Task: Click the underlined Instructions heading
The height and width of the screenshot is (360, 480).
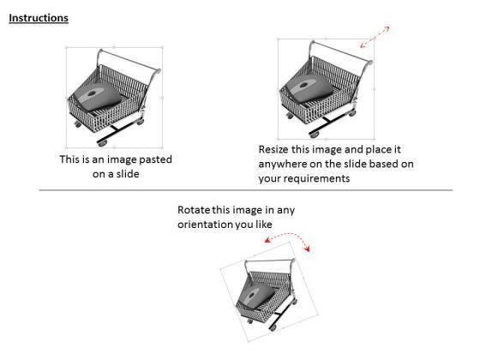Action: [x=39, y=18]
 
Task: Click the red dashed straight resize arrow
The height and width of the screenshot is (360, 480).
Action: [x=375, y=37]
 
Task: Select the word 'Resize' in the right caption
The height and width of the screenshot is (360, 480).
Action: [x=276, y=149]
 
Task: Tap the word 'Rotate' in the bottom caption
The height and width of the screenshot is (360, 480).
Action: [x=196, y=210]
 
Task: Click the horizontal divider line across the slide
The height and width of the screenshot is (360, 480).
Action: [x=240, y=192]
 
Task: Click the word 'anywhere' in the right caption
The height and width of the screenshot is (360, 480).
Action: [x=283, y=165]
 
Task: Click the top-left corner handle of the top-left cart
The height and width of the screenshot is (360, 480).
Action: [x=67, y=48]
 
